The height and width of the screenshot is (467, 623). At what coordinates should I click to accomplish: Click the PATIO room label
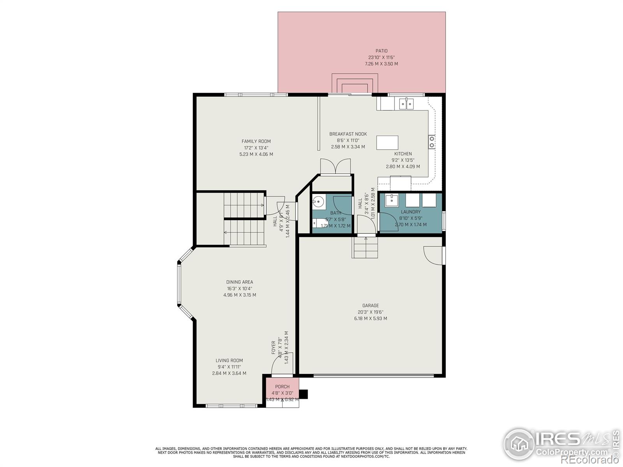click(x=381, y=51)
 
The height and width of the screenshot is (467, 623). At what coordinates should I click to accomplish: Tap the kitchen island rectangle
click(x=387, y=142)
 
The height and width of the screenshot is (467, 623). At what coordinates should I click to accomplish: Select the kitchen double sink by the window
click(x=406, y=104)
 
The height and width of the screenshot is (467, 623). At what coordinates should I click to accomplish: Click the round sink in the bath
click(x=318, y=202)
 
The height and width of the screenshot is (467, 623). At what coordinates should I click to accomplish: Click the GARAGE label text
click(x=370, y=306)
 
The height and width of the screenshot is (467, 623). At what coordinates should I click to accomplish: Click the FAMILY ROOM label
click(x=256, y=142)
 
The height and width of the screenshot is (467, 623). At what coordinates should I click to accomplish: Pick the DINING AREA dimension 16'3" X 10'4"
click(x=239, y=289)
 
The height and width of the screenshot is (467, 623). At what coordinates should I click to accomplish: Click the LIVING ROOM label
click(x=229, y=361)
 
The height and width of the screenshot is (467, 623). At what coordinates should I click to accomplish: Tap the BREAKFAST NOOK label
click(x=348, y=134)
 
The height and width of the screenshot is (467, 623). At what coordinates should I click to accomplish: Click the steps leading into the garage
click(x=366, y=248)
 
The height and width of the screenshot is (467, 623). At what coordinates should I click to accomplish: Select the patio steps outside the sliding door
click(x=354, y=83)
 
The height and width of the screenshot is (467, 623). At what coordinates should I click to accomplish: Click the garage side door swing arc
click(x=432, y=256)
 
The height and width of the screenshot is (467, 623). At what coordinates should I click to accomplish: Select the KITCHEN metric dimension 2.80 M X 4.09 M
click(x=403, y=167)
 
